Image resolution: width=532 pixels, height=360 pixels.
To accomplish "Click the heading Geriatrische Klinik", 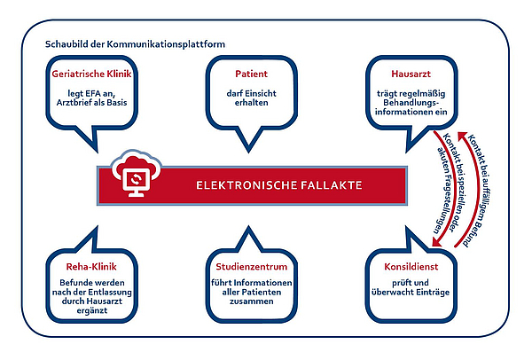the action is click(91, 74).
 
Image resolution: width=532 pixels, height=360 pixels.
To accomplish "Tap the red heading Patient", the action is click(252, 74).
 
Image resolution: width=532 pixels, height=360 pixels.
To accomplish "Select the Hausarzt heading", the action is click(411, 74).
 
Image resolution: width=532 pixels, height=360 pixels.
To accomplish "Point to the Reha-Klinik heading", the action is click(91, 267).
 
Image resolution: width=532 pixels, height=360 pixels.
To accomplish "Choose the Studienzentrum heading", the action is click(252, 267).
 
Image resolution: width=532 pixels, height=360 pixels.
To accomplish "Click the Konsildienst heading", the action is click(411, 267).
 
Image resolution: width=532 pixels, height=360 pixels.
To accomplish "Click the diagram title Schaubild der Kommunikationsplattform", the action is click(135, 44).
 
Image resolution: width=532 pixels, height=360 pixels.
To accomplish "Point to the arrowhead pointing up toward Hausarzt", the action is click(462, 137).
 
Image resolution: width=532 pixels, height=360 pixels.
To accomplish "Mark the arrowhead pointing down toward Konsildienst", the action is click(436, 241).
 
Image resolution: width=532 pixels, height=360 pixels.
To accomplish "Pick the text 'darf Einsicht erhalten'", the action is click(252, 98).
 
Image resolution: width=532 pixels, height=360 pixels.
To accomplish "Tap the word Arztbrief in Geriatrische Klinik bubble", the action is click(73, 103).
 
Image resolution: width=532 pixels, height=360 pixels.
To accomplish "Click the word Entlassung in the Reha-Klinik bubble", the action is click(113, 292).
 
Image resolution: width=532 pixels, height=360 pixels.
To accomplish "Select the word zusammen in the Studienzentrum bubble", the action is click(252, 301).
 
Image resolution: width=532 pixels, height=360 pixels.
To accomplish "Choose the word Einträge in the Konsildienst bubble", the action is click(433, 292).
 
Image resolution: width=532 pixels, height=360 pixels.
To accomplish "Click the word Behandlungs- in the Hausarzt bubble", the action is click(411, 103).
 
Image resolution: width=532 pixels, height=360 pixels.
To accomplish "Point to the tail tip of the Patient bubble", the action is click(248, 152).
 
